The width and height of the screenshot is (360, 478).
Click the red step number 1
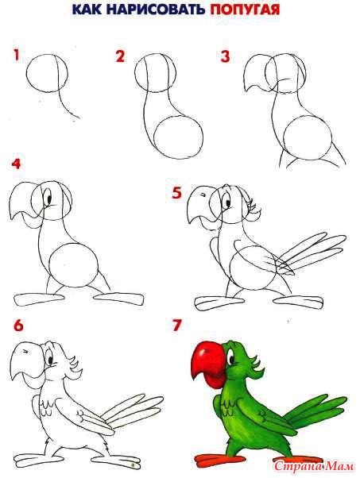pyautogui.click(x=16, y=55)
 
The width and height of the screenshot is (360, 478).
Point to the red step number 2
pyautogui.click(x=120, y=56)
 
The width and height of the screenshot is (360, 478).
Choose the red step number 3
pyautogui.click(x=225, y=56)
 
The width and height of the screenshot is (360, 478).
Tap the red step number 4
pyautogui.click(x=17, y=164)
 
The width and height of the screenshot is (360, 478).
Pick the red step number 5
pyautogui.click(x=177, y=192)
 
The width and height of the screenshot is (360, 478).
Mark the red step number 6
pyautogui.click(x=18, y=326)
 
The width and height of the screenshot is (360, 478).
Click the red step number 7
pyautogui.click(x=177, y=325)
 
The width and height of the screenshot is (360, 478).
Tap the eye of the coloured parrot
pyautogui.click(x=229, y=357)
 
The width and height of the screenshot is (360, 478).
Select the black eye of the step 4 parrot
pyautogui.click(x=48, y=198)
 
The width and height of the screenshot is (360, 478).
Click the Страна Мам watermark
pyautogui.click(x=314, y=466)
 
